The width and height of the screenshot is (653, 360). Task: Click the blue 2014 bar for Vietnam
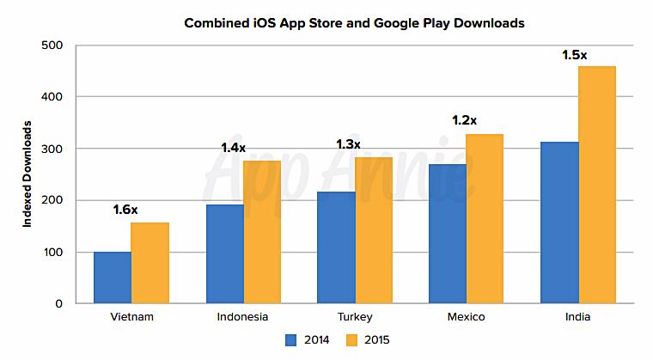113,278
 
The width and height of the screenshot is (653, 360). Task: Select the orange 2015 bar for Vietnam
150,263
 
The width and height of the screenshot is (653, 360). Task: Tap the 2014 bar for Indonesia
224,253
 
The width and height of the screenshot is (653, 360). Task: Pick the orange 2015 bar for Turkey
373,230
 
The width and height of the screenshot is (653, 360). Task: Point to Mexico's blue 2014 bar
447,234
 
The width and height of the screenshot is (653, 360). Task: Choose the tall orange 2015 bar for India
596,185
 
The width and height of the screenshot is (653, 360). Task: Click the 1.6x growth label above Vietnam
126,209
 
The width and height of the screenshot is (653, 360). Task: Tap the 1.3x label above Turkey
346,143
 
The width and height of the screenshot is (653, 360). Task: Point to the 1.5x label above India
573,55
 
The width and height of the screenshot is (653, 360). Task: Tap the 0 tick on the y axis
58,303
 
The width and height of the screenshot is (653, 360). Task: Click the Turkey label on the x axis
354,317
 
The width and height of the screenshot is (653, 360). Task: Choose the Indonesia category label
243,317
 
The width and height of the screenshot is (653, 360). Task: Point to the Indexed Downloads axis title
27,174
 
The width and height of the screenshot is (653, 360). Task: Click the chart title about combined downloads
354,23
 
